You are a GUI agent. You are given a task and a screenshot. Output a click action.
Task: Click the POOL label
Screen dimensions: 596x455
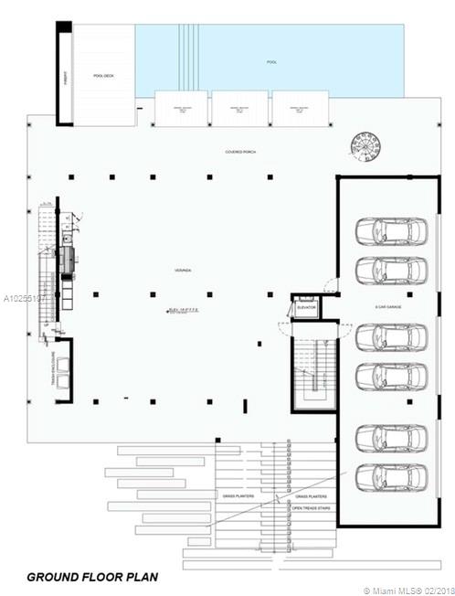(270, 63)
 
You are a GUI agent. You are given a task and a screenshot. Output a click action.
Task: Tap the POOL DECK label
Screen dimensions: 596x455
(102, 76)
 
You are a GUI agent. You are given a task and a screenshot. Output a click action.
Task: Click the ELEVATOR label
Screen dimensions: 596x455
(306, 307)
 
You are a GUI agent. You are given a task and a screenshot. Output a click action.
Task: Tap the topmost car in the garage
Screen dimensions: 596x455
(390, 232)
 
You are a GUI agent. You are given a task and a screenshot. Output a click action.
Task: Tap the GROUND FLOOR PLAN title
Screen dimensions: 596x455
(91, 577)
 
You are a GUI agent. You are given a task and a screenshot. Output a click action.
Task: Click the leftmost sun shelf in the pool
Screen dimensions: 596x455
(183, 111)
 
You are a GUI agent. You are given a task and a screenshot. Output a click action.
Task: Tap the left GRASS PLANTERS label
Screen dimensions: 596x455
(237, 497)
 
